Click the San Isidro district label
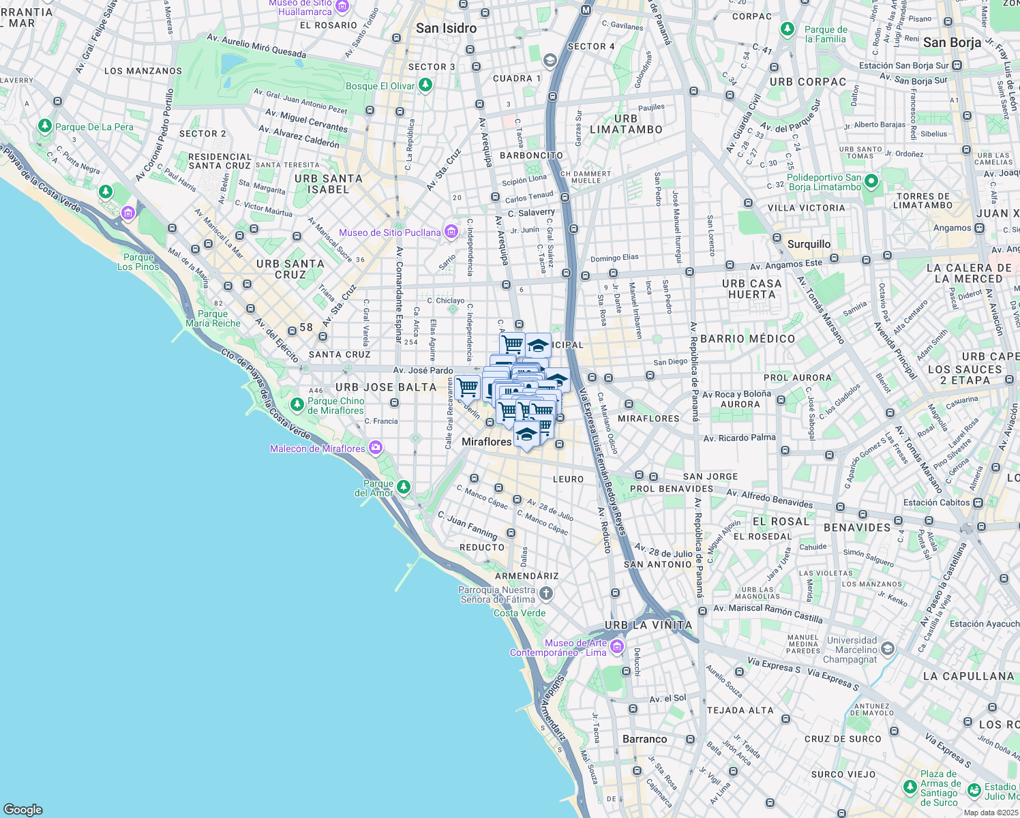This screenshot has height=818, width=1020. coord(446,28)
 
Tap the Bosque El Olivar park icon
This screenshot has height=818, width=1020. coord(425,85)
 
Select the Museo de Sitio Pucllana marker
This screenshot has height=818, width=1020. coord(451,232)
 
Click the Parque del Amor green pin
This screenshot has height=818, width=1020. coord(404,487)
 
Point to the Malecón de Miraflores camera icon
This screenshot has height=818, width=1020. coord(375,448)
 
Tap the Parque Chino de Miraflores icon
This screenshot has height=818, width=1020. coord(297,405)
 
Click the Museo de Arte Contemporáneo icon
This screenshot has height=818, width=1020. coord(617,646)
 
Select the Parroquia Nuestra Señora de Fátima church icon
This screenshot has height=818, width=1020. coord(545,593)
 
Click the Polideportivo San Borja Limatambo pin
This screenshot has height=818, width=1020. coord(871,181)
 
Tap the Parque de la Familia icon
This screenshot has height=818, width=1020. coord(787,29)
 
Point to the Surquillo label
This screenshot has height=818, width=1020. coord(809,244)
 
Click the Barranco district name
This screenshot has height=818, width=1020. coord(644,739)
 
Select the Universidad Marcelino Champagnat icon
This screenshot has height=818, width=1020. coord(887,648)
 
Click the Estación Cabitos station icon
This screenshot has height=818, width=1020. coord(978,502)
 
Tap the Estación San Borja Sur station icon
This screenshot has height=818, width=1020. coord(957,65)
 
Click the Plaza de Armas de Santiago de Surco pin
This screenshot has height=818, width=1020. coord(910,787)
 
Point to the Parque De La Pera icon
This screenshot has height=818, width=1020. coord(45,126)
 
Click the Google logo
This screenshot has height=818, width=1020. coord(23,809)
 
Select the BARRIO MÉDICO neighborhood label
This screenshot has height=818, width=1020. coord(748,339)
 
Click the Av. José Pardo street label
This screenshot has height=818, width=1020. coord(423,370)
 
